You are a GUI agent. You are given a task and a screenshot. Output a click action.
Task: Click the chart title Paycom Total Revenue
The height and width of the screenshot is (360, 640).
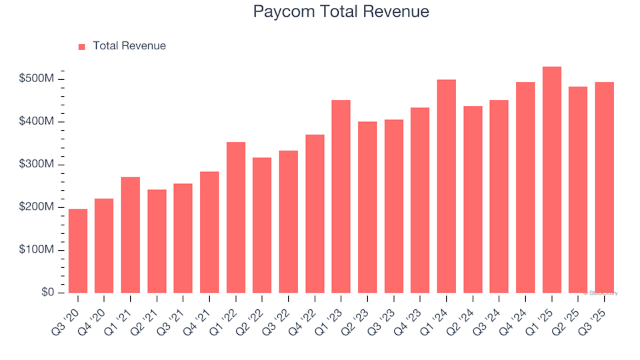coord(341,11)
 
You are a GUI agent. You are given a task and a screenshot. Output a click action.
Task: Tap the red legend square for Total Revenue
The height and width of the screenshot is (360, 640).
coord(82,47)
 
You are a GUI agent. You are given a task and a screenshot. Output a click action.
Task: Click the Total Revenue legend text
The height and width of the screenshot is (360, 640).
coord(129,46)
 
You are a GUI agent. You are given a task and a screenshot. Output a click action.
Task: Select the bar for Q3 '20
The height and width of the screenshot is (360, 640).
coord(77,251)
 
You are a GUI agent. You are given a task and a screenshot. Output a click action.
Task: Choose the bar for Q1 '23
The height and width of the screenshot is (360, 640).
coord(341,197)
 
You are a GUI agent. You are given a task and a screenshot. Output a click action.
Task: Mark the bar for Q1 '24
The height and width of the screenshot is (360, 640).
coord(447,187)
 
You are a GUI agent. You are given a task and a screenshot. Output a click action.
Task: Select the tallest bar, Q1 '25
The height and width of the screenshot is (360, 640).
coord(552,180)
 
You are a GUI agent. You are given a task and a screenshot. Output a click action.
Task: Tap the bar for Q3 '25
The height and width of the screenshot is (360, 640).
coord(605,187)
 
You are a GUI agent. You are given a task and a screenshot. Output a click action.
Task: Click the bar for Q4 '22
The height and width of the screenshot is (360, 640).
coord(315,214)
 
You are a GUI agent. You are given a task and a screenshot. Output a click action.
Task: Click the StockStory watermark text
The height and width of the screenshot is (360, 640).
coord(601,293)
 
